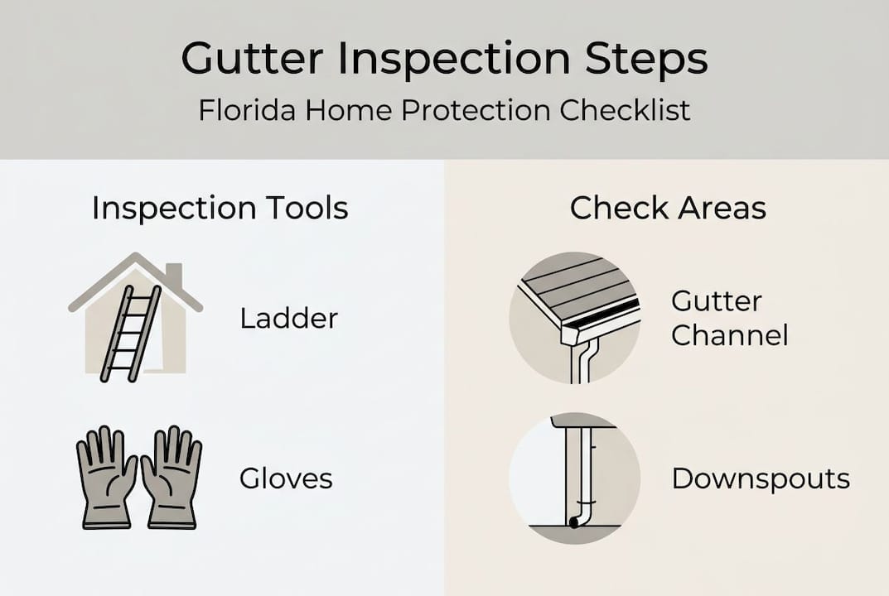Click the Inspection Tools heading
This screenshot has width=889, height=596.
click(x=220, y=209)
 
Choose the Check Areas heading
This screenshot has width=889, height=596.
click(x=668, y=209)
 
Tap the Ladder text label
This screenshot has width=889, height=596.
click(x=288, y=318)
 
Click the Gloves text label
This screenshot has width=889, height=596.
click(x=286, y=478)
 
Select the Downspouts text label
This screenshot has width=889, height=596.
click(x=761, y=478)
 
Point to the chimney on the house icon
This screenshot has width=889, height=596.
click(x=173, y=276)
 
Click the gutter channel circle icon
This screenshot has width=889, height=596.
click(x=574, y=318)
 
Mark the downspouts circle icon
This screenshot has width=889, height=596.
click(x=574, y=478)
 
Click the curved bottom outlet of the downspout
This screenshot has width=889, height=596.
click(x=574, y=521)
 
